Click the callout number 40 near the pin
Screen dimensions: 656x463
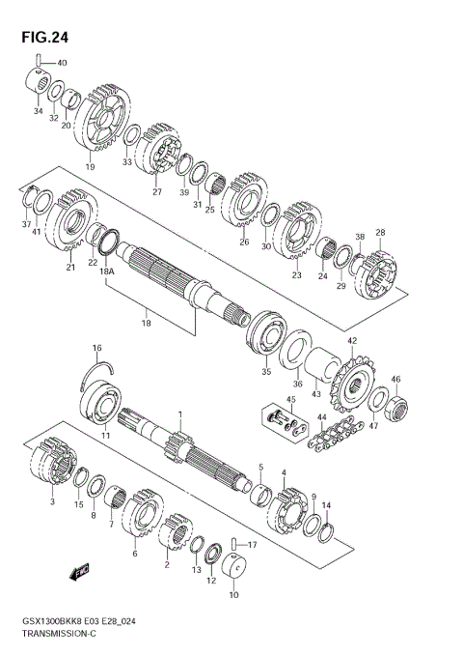click(x=62, y=64)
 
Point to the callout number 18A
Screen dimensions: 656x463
click(x=106, y=273)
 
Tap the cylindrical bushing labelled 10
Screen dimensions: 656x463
click(x=234, y=576)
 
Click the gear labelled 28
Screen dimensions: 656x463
click(x=376, y=276)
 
